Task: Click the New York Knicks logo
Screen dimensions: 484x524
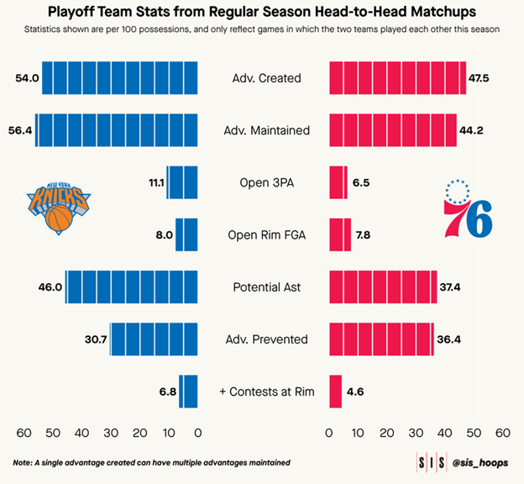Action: point(59,207)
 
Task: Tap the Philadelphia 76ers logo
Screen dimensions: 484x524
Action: point(468,208)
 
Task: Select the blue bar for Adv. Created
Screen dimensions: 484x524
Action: point(120,78)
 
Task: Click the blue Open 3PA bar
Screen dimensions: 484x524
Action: point(182,182)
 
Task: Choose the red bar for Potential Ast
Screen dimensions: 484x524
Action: point(382,287)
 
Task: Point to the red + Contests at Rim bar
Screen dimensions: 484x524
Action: point(335,392)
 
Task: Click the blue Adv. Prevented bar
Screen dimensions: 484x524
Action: point(154,339)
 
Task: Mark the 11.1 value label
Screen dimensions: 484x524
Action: point(154,182)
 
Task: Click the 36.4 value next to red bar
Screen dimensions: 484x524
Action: point(450,339)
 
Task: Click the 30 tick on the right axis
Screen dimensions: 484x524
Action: point(416,433)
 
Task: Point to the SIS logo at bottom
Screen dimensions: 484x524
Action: point(432,462)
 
